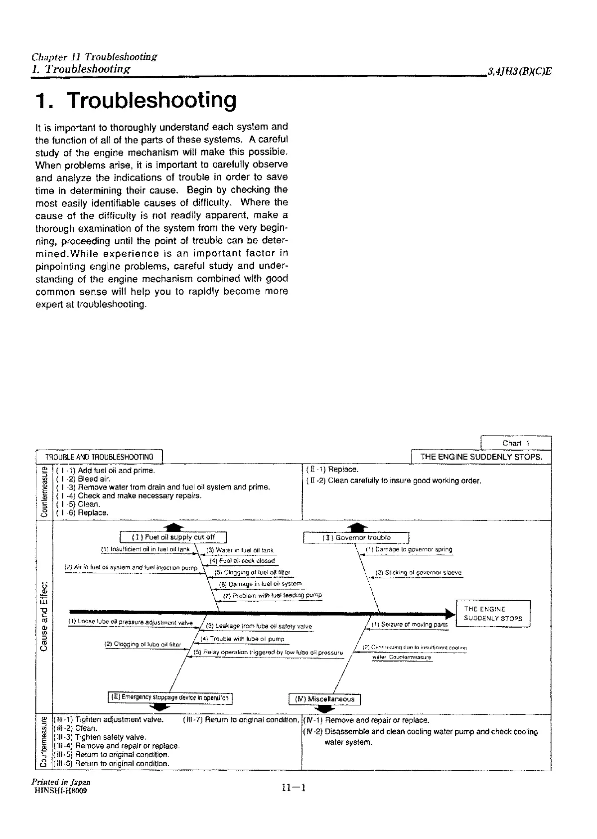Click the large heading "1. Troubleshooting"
pos(136,100)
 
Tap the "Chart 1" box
pos(515,443)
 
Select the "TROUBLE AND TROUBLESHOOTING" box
pos(99,457)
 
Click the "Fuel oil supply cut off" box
pos(173,537)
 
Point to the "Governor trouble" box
pos(356,538)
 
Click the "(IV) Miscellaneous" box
pos(324,699)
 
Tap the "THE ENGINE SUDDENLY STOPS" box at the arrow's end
pos(493,614)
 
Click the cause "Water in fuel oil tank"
pos(240,550)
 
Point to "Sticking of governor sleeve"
pos(418,573)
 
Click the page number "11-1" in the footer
pos(293,788)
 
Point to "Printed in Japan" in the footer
pos(61,782)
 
